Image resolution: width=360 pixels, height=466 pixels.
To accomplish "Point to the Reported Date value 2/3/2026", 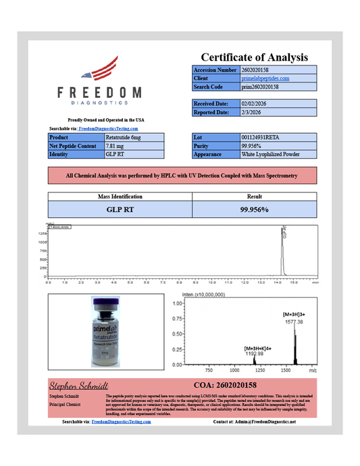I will (x=253, y=112).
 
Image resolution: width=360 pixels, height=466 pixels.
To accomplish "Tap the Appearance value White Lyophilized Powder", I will (x=270, y=155).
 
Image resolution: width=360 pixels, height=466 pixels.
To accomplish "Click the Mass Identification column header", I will (x=120, y=196).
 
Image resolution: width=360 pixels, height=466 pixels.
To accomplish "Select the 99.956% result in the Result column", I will (x=255, y=209).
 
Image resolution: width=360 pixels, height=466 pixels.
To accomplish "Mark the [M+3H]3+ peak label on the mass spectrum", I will (x=294, y=315).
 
